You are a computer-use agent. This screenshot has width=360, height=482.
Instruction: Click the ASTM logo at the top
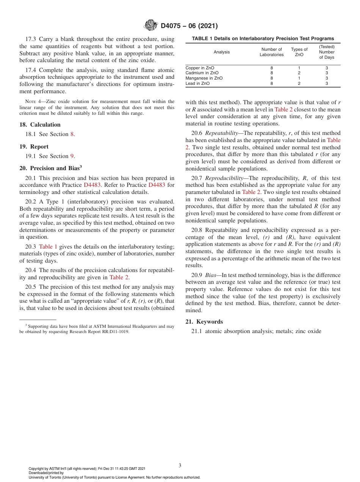pos(150,26)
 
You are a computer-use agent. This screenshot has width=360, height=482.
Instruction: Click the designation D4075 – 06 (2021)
pos(189,26)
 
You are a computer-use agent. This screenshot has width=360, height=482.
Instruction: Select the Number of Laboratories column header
pos(271,52)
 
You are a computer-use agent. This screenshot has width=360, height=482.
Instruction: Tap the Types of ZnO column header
pos(299,52)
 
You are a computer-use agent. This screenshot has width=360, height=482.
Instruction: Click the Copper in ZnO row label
pos(197,68)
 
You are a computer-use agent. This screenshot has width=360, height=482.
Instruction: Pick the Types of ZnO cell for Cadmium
pos(299,73)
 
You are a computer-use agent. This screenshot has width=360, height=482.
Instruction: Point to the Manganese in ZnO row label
pos(204,78)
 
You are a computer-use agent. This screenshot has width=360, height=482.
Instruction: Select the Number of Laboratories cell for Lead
pos(271,83)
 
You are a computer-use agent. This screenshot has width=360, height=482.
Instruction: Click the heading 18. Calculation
pos(40,125)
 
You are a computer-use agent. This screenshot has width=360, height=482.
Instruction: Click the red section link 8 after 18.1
pos(72,134)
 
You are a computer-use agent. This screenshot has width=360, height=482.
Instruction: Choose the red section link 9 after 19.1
pos(72,156)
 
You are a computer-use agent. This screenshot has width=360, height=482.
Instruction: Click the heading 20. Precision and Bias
pos(50,168)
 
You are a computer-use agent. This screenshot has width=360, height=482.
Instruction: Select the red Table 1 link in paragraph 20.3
pos(48,246)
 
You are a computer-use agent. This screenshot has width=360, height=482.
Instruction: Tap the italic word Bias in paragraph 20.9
pos(210,275)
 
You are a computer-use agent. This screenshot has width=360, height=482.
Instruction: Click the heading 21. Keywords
pos(204,322)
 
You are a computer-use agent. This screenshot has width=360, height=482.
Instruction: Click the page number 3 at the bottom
pos(180,465)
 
